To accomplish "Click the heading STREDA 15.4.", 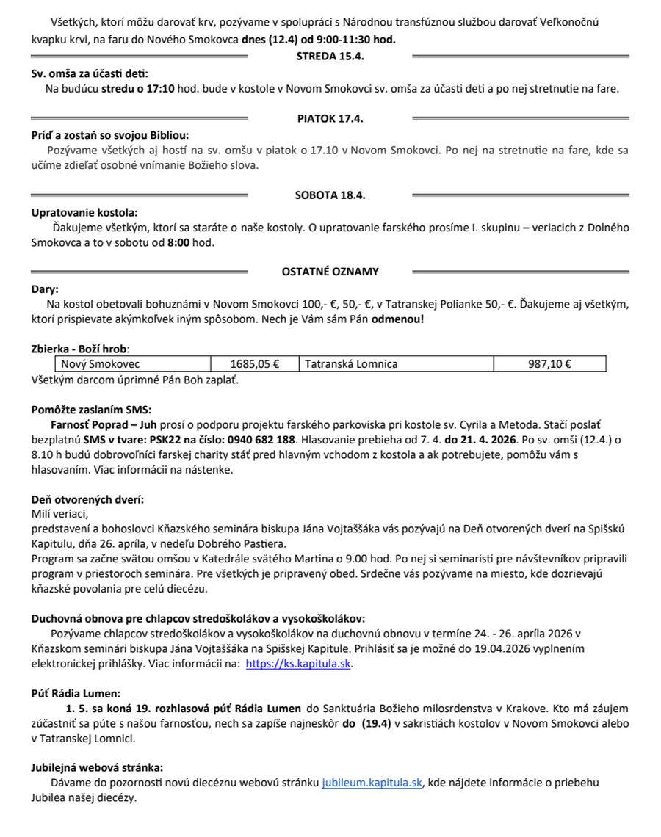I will [330, 56].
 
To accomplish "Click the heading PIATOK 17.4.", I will [330, 117].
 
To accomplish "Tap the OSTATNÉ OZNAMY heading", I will [330, 272].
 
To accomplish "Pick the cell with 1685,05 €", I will [254, 363].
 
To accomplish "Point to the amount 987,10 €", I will [550, 363].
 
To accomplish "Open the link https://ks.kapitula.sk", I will [298, 664].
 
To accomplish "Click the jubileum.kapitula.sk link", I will [372, 783].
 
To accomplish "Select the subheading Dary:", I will [45, 289].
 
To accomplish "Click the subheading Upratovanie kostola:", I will [84, 212].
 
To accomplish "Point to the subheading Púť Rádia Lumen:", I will [75, 692].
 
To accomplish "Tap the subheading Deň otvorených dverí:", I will [87, 499].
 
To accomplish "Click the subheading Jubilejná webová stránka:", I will [97, 767].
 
